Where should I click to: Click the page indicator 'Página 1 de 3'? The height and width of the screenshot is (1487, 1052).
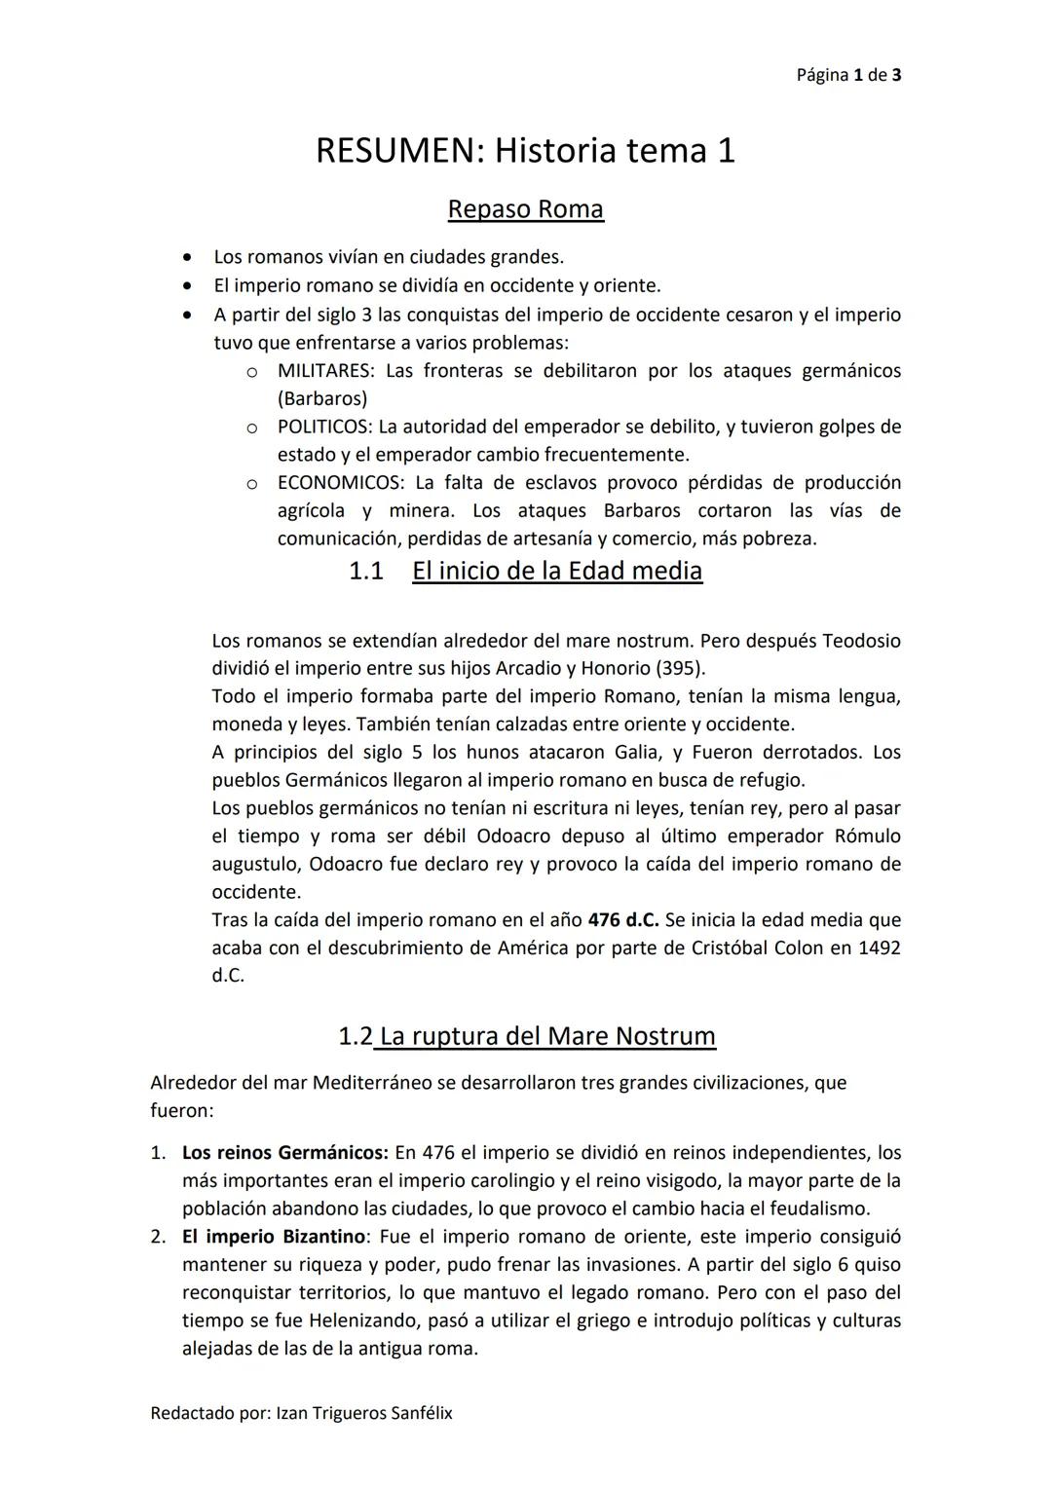coord(847,75)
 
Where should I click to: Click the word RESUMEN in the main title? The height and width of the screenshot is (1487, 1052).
coord(397,151)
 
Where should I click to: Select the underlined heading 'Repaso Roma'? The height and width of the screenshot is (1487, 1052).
coord(525,209)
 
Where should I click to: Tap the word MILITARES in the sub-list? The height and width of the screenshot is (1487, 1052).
coord(326,371)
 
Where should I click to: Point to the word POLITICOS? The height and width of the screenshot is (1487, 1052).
coord(323,427)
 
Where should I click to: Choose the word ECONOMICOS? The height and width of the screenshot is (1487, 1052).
coord(340,483)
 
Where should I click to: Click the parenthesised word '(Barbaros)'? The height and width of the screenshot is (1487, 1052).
coord(322,399)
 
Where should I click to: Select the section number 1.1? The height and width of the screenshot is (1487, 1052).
coord(365,571)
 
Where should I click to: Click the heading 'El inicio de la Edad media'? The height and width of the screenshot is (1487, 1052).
coord(556,571)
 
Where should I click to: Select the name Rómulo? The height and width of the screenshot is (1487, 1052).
coord(868,836)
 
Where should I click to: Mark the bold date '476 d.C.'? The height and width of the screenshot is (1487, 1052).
coord(623,920)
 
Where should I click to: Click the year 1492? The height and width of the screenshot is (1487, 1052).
coord(879,948)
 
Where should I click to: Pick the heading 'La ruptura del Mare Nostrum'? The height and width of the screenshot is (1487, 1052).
coord(547,1036)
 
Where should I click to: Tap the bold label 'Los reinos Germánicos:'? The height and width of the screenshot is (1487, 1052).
coord(284,1153)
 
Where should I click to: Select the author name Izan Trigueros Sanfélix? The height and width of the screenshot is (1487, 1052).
coord(364,1413)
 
